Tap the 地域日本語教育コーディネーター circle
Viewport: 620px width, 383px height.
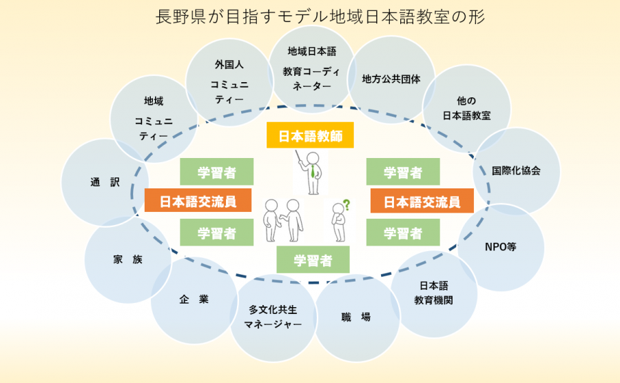pyautogui.click(x=311, y=68)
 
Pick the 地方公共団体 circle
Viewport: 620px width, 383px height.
pyautogui.click(x=391, y=79)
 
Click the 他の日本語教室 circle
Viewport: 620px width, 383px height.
pyautogui.click(x=466, y=108)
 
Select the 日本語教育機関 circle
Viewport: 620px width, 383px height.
pyautogui.click(x=434, y=293)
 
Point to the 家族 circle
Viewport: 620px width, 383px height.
pyautogui.click(x=127, y=260)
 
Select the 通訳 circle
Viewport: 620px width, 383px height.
pyautogui.click(x=105, y=183)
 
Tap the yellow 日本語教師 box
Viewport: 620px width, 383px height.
pyautogui.click(x=310, y=136)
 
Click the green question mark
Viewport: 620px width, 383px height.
pyautogui.click(x=346, y=204)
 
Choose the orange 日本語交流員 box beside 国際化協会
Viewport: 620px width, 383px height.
pyautogui.click(x=422, y=202)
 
